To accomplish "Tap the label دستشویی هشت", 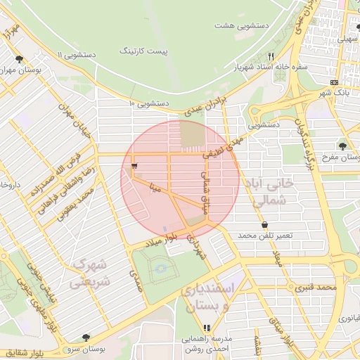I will pyautogui.click(x=243, y=25).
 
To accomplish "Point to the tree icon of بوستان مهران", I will pyautogui.click(x=19, y=60).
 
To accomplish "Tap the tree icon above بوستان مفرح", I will pyautogui.click(x=342, y=146).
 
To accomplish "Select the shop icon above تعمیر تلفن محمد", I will pyautogui.click(x=264, y=225).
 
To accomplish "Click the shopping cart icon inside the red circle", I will pyautogui.click(x=134, y=166).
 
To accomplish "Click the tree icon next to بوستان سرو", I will pyautogui.click(x=86, y=337).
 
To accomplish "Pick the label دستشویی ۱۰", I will pyautogui.click(x=150, y=103).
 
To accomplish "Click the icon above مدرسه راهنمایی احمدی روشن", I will pyautogui.click(x=207, y=328).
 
